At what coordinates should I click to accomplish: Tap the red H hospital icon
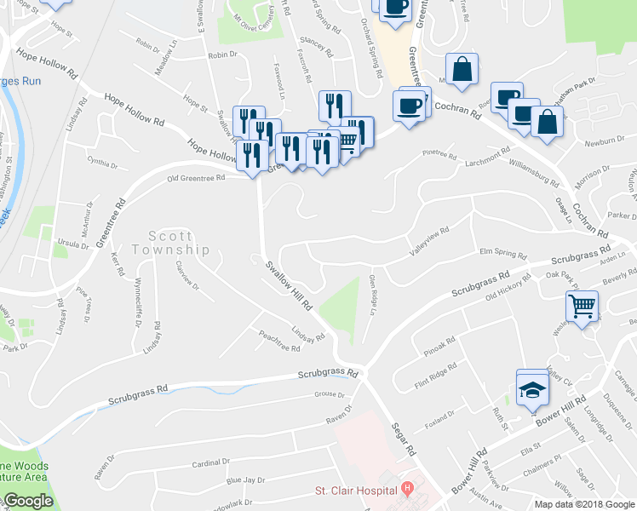[x=407, y=490]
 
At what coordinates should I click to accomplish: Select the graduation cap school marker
[x=532, y=388]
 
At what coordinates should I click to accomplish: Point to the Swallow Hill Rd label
[x=289, y=285]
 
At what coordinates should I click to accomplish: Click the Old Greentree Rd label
[x=197, y=178]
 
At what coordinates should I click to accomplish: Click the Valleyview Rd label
[x=428, y=242]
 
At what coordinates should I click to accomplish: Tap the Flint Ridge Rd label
[x=435, y=374]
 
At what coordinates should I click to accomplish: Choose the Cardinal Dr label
[x=211, y=463]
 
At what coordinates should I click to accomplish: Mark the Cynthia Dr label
[x=103, y=160]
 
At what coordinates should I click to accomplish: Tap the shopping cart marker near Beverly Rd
[x=582, y=305]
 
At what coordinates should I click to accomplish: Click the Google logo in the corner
[x=27, y=501]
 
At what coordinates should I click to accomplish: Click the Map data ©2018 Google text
[x=583, y=503]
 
